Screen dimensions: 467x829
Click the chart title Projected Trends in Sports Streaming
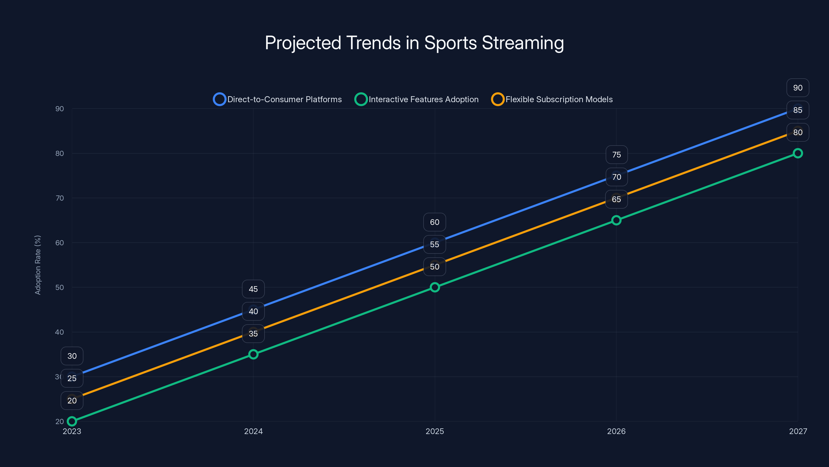[x=414, y=43]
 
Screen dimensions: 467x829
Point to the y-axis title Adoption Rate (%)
[x=38, y=265]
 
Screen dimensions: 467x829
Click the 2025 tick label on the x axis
[x=434, y=431]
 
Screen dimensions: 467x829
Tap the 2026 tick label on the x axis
[x=616, y=431]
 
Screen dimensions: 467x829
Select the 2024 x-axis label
[x=253, y=431]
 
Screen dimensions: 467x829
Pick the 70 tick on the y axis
[x=60, y=198]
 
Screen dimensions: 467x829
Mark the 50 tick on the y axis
[x=60, y=287]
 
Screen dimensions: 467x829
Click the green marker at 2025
[x=434, y=287]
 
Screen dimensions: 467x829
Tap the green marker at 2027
[x=797, y=153]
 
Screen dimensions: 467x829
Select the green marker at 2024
[x=253, y=354]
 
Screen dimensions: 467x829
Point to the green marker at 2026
[x=616, y=220]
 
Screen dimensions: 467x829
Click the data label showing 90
[x=797, y=88]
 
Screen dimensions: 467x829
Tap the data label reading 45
[x=253, y=289]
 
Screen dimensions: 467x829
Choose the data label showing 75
[x=616, y=155]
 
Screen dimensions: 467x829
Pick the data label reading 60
[x=434, y=222]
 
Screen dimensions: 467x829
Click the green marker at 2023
[x=72, y=421]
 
